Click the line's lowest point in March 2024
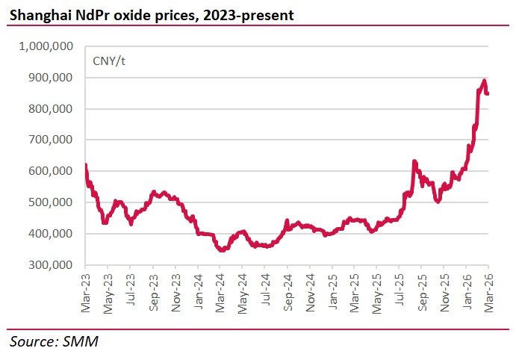coord(222,250)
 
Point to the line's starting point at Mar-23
coord(86,166)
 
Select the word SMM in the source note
coord(82,342)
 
